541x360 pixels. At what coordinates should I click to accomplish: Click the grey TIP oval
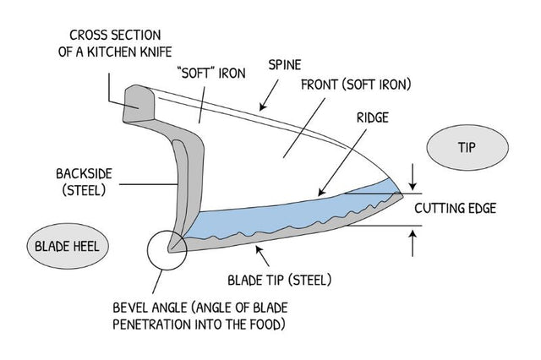[467, 148]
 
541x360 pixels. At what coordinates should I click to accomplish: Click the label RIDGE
[369, 117]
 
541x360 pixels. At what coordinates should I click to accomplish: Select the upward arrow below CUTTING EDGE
[412, 243]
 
